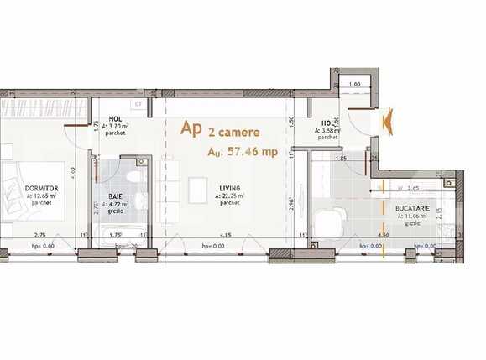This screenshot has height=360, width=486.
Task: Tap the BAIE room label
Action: pyautogui.click(x=117, y=196)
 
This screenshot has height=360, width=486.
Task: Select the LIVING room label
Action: pyautogui.click(x=229, y=189)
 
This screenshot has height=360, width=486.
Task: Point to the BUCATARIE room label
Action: pyautogui.click(x=412, y=206)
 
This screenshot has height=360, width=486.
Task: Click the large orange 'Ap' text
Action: pyautogui.click(x=191, y=128)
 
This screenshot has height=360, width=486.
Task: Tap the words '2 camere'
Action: pyautogui.click(x=234, y=132)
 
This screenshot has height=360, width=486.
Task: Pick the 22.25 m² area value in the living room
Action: pyautogui.click(x=229, y=196)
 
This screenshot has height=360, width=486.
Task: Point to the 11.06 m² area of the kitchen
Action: pyautogui.click(x=412, y=216)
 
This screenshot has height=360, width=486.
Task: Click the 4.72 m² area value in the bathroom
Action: pyautogui.click(x=117, y=203)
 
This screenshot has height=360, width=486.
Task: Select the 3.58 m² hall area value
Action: pyautogui.click(x=327, y=131)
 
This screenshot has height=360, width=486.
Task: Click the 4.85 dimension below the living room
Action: pyautogui.click(x=226, y=235)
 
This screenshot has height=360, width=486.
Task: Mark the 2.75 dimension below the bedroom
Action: pyautogui.click(x=39, y=235)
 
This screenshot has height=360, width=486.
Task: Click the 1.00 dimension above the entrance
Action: pyautogui.click(x=354, y=85)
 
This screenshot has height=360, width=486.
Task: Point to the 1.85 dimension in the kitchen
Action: pyautogui.click(x=341, y=158)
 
